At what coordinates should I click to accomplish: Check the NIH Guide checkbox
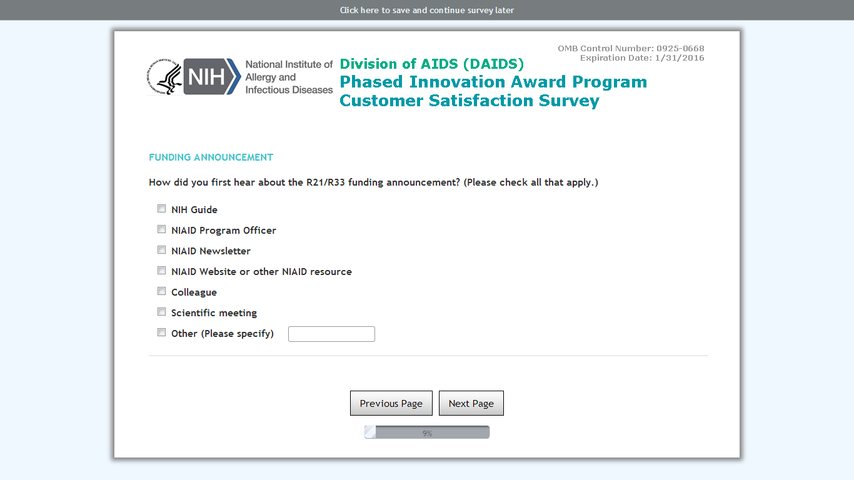pyautogui.click(x=162, y=209)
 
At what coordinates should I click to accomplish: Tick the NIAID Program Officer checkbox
pyautogui.click(x=162, y=229)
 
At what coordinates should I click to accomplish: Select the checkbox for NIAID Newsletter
pyautogui.click(x=162, y=250)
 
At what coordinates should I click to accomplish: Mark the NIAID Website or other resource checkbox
pyautogui.click(x=162, y=270)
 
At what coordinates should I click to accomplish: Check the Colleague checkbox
pyautogui.click(x=162, y=291)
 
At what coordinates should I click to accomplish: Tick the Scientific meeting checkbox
pyautogui.click(x=162, y=312)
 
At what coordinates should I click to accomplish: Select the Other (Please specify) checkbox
pyautogui.click(x=162, y=332)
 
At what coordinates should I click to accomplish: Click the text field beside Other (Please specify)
pyautogui.click(x=331, y=334)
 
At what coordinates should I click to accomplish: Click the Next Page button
pyautogui.click(x=471, y=403)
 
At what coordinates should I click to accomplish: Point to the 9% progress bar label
pyautogui.click(x=427, y=433)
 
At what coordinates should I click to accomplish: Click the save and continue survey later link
pyautogui.click(x=427, y=10)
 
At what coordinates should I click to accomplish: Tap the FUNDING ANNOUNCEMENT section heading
pyautogui.click(x=211, y=157)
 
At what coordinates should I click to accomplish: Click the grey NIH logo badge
pyautogui.click(x=212, y=76)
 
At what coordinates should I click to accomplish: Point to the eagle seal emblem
pyautogui.click(x=164, y=77)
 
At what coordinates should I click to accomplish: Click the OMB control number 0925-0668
pyautogui.click(x=680, y=48)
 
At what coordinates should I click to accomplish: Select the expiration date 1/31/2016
pyautogui.click(x=680, y=58)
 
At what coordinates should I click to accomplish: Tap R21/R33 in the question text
pyautogui.click(x=326, y=182)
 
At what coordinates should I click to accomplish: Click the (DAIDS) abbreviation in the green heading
pyautogui.click(x=493, y=64)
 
